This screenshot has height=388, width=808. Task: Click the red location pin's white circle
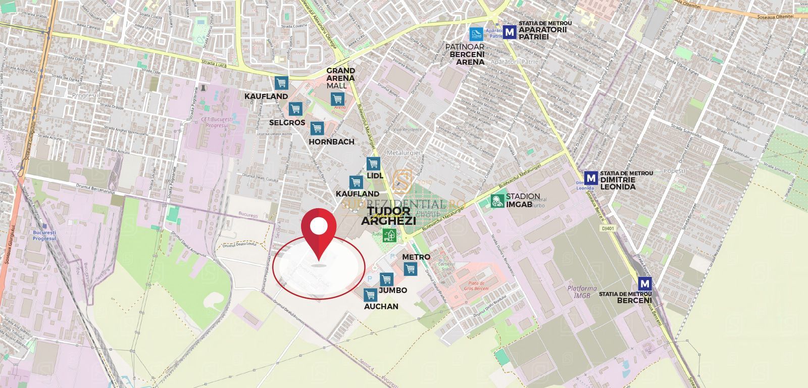point(318,226)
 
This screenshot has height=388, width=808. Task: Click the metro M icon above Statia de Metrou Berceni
point(644,283)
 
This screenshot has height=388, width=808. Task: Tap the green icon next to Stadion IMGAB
point(497,201)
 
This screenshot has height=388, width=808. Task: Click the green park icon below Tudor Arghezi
point(389,234)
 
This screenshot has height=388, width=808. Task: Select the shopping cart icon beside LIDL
point(373,164)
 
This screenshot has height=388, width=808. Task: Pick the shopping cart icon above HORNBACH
point(317,128)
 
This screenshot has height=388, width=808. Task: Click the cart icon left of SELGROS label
point(295,108)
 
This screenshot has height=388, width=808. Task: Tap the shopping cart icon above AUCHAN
point(371,295)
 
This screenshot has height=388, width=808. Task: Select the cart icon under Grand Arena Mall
point(337,99)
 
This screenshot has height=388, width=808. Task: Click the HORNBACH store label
point(331,142)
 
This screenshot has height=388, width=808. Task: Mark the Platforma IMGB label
point(572,292)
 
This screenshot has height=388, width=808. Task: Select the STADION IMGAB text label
point(523,201)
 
